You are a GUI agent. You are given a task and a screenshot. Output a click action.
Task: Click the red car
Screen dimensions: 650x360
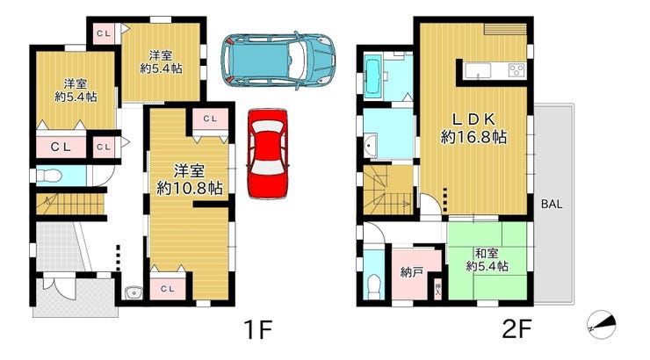coord(268,154)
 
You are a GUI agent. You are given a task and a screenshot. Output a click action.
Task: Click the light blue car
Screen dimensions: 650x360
coord(278,61)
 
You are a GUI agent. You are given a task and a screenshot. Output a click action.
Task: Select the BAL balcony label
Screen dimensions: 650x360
coord(552,204)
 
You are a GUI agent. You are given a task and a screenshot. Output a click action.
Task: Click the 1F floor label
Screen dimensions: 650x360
coord(257,330)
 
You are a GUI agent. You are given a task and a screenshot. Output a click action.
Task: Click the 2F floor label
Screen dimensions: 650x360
coord(516,330)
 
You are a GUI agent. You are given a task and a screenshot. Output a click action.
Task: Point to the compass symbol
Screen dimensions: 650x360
coord(602,324)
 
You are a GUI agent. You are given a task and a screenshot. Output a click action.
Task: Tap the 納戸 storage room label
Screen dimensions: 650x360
coord(412,272)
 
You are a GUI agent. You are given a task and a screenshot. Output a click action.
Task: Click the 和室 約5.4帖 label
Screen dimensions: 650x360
coord(487,260)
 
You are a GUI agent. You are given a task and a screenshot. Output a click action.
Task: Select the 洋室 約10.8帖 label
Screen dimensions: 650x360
coord(190,179)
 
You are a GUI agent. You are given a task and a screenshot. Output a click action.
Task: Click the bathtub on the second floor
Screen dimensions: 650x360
coord(373,77)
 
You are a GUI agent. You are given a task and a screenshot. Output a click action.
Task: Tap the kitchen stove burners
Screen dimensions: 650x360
coord(517,69)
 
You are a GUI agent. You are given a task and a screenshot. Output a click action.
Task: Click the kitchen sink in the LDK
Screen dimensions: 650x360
coord(478,70)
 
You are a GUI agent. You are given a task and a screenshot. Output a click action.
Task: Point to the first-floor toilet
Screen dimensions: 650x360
coord(48,176)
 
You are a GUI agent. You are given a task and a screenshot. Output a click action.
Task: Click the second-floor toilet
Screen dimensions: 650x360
coord(374,286)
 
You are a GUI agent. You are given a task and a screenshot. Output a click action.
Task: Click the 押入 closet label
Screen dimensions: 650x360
coord(437,290)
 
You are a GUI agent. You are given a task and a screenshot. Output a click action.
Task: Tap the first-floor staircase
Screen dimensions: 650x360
coord(69,204)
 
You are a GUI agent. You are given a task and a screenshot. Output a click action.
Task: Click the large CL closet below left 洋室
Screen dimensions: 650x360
coord(61,147)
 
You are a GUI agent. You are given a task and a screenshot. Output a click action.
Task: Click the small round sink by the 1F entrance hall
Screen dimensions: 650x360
coord(134,292)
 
